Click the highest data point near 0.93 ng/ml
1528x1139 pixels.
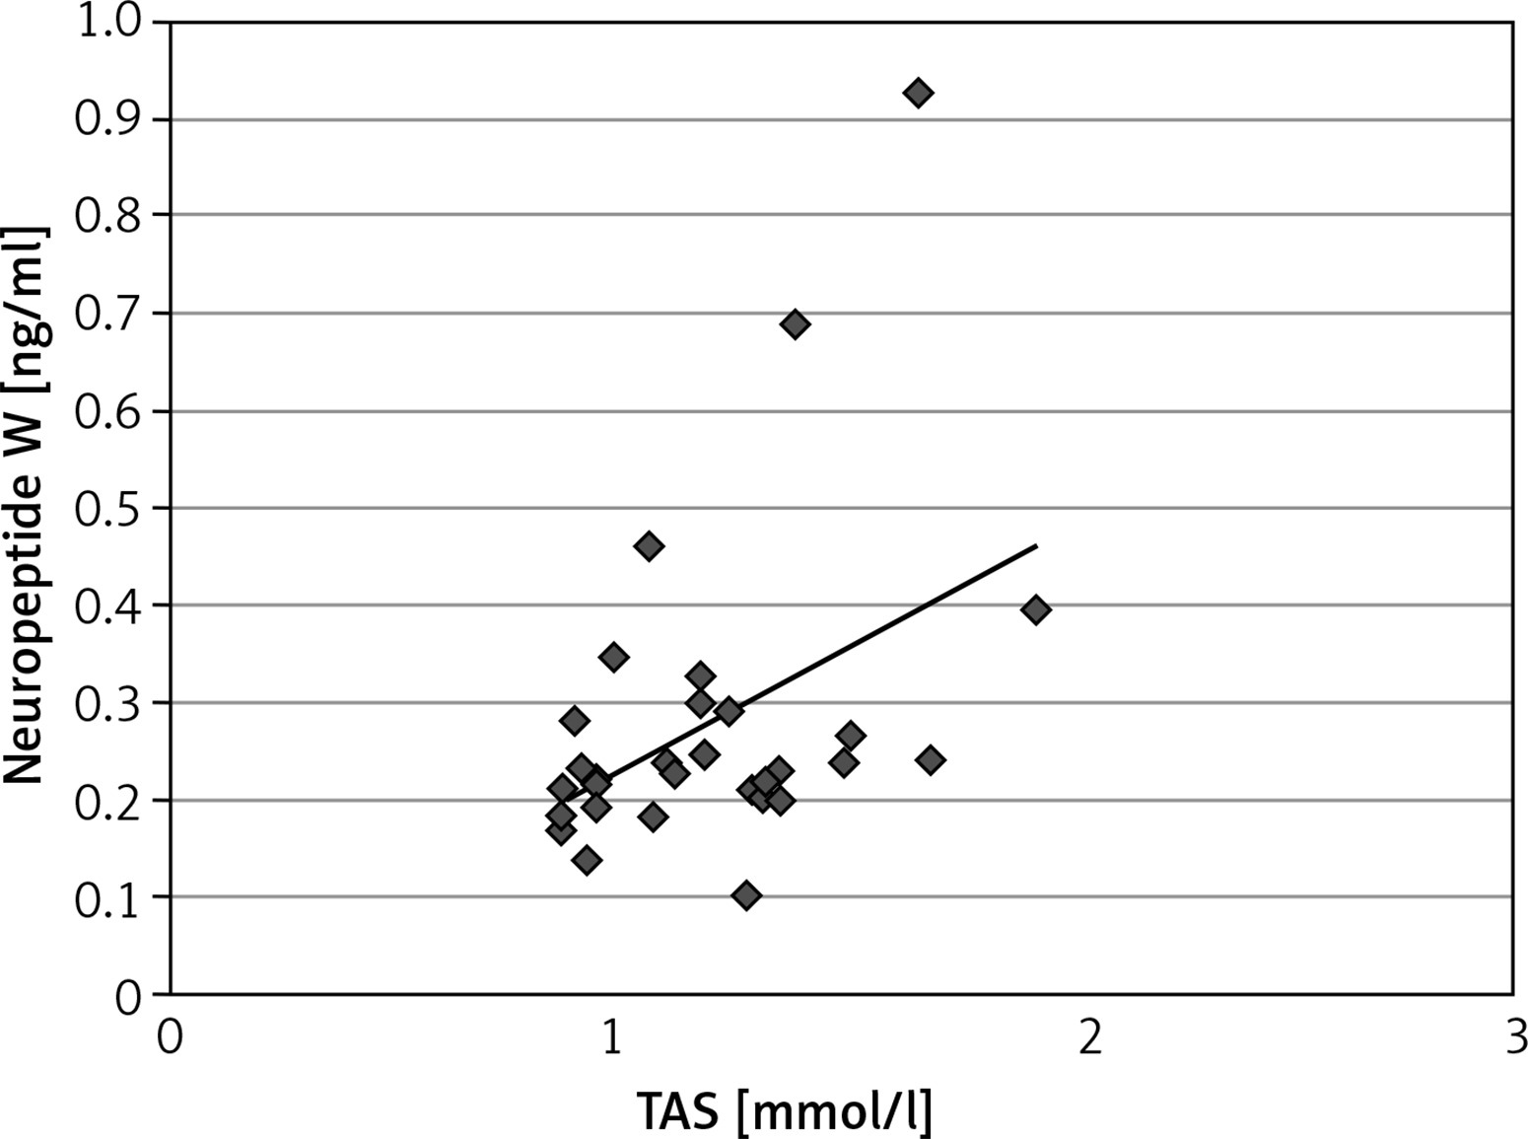click(x=918, y=94)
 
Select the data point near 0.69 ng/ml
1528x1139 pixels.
click(x=796, y=324)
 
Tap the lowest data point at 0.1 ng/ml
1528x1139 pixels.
click(x=746, y=895)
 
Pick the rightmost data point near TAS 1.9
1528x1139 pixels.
click(x=1035, y=609)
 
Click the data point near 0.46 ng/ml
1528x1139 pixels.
click(x=649, y=546)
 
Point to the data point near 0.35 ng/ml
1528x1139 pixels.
click(x=613, y=657)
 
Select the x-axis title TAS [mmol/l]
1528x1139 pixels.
click(x=785, y=1112)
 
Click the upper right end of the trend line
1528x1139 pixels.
click(x=1036, y=544)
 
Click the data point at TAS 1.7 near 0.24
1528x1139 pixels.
click(x=930, y=759)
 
